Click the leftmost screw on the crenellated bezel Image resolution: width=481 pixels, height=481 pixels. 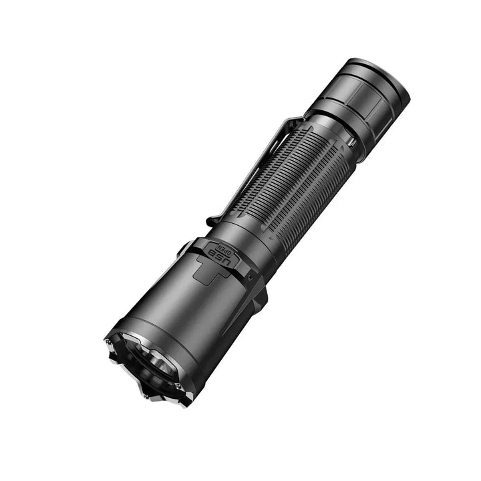click(108, 342)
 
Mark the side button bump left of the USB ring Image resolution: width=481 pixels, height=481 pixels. click(185, 249)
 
